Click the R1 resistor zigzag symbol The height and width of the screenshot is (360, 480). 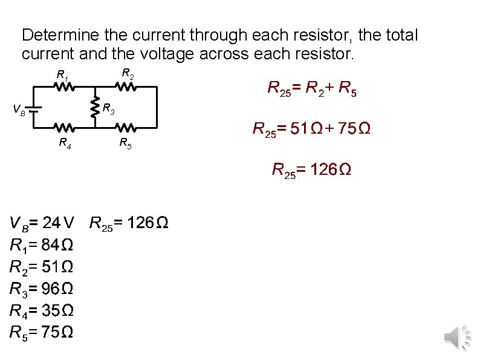64,87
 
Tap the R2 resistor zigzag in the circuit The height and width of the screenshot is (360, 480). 126,87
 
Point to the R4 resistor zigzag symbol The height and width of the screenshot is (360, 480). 64,128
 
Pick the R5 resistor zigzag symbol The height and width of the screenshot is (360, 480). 126,128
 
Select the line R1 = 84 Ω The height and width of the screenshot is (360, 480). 42,246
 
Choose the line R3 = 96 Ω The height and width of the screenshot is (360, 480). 42,289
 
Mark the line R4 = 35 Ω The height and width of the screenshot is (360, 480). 42,311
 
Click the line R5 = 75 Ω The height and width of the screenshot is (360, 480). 42,332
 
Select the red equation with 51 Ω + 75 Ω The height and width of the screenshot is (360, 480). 311,129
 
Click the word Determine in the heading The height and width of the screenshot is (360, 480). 57,35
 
